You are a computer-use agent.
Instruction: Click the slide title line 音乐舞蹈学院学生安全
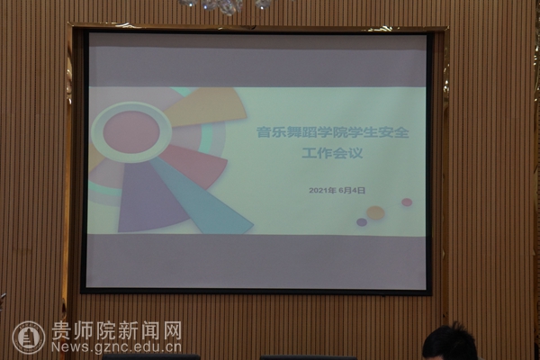point(333,132)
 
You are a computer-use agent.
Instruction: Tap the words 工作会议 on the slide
point(332,153)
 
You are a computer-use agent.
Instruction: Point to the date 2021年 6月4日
point(337,190)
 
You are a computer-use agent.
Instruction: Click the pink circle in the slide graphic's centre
point(131,132)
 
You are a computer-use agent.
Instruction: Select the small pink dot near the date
point(407,202)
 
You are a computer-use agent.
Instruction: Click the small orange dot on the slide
point(375,212)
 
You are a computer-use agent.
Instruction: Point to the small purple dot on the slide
point(361,222)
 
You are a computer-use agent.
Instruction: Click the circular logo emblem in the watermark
point(29,337)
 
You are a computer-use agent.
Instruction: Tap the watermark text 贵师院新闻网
point(116,330)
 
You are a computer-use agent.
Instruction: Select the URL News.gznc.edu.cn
point(116,346)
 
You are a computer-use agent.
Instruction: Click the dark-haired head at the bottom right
point(449,343)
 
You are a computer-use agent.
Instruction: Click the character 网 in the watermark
point(172,330)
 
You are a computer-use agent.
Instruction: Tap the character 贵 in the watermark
point(61,330)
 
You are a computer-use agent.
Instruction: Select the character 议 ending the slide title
point(355,153)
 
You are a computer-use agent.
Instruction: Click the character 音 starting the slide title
point(264,132)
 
